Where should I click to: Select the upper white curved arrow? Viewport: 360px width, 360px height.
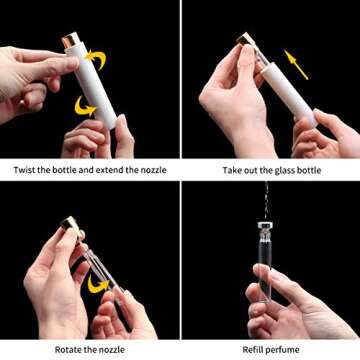pos(97,58)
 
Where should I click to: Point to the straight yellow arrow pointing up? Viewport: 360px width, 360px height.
pos(296,63)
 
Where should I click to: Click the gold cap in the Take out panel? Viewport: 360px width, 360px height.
pos(246,41)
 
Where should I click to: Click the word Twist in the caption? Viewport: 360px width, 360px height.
pos(26,171)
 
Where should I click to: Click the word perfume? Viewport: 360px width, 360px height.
pos(286,349)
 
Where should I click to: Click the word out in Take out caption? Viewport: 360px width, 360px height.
pos(254,171)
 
